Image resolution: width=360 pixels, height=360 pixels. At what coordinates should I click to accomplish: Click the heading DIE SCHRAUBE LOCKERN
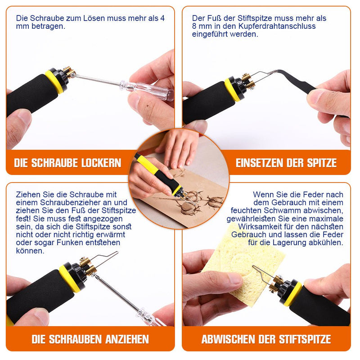[67, 162]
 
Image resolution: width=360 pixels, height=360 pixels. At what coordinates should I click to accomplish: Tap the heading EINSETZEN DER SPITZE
[286, 162]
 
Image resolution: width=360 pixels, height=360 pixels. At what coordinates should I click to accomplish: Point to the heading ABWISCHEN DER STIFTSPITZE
[266, 338]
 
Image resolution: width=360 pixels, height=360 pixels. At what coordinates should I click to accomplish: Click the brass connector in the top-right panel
[246, 81]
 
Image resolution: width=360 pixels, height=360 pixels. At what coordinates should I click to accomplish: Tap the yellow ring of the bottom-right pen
[293, 292]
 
